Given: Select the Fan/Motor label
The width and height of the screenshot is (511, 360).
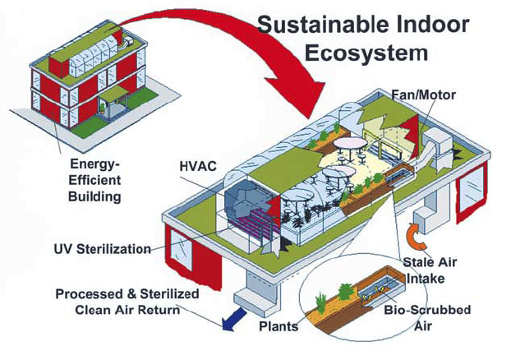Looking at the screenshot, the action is (x=424, y=95).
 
